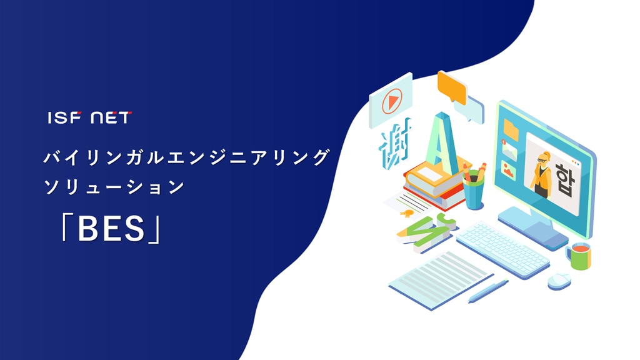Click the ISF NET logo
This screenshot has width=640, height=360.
pyautogui.click(x=90, y=117)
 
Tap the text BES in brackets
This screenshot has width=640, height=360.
pyautogui.click(x=111, y=229)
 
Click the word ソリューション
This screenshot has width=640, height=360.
pyautogui.click(x=114, y=187)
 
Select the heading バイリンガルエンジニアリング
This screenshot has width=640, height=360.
pyautogui.click(x=187, y=157)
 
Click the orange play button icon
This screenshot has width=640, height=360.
pyautogui.click(x=392, y=101)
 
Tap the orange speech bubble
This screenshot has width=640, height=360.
pyautogui.click(x=452, y=87)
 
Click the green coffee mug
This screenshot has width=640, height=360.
pyautogui.click(x=579, y=256)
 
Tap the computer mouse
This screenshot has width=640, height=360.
pyautogui.click(x=559, y=281)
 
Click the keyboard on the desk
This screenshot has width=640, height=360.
pyautogui.click(x=503, y=249)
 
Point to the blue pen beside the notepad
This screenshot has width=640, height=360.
pyautogui.click(x=487, y=291)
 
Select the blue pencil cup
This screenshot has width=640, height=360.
pyautogui.click(x=474, y=191)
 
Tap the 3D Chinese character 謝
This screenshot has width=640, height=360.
pyautogui.click(x=395, y=145)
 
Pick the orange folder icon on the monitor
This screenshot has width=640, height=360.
pyautogui.click(x=511, y=130)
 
